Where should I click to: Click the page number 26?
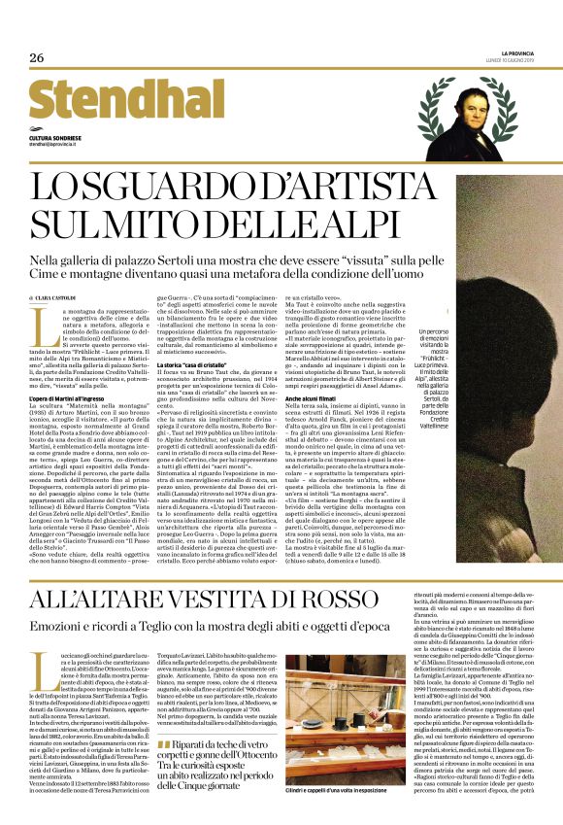pyautogui.click(x=37, y=59)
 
